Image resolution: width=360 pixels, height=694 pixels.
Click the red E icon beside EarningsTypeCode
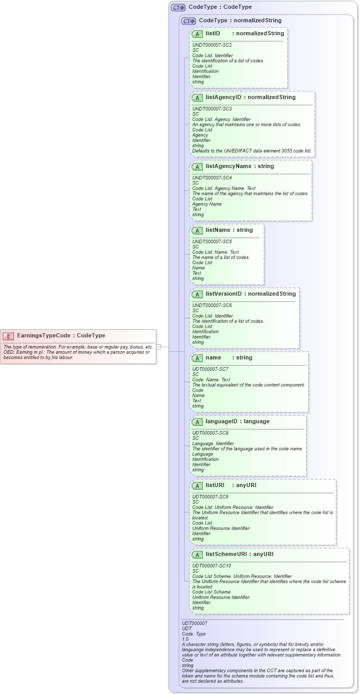(x=9, y=336)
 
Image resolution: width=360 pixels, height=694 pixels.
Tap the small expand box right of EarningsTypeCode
(x=159, y=346)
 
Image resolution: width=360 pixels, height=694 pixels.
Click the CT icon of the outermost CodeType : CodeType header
(x=178, y=7)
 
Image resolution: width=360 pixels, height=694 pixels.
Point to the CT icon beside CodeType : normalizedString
(x=188, y=21)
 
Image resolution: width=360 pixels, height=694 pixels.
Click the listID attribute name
(x=213, y=33)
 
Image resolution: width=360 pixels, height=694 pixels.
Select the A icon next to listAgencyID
(x=197, y=98)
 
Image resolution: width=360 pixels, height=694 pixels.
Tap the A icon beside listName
(x=197, y=230)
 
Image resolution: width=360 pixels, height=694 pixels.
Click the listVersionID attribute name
(x=224, y=294)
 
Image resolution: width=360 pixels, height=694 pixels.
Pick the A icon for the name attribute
(x=197, y=358)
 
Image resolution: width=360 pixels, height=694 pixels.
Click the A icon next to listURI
(x=197, y=485)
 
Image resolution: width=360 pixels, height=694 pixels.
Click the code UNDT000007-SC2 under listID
(x=212, y=45)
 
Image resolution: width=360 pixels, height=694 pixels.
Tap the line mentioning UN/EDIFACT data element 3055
(x=252, y=151)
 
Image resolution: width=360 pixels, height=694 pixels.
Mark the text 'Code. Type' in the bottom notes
(x=193, y=634)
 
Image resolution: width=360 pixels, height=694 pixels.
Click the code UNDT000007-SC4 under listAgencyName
(x=212, y=178)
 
